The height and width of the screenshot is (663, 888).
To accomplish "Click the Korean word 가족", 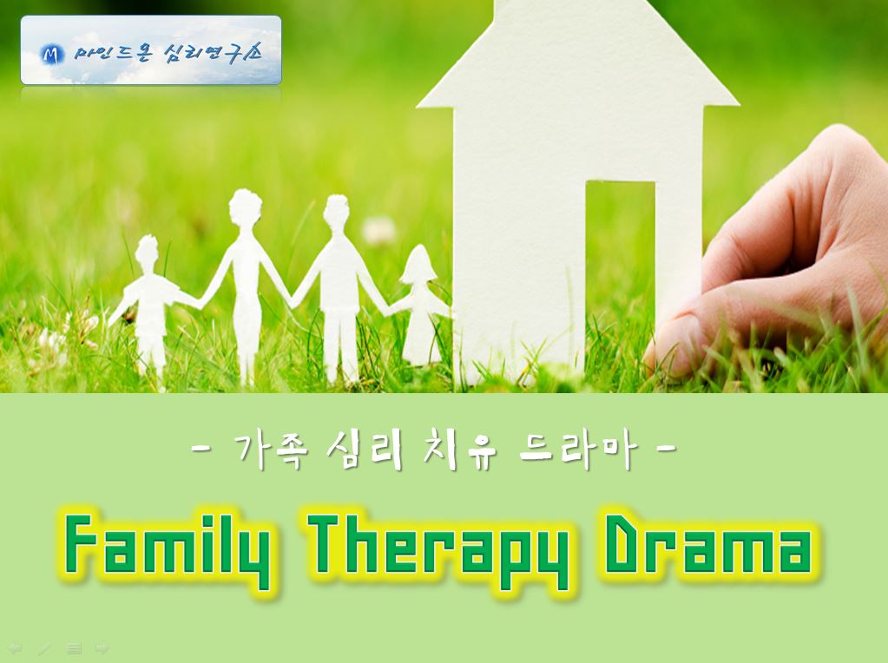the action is [271, 451].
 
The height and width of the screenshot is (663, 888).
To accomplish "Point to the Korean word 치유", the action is [459, 451].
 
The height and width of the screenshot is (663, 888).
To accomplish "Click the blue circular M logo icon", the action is [52, 55].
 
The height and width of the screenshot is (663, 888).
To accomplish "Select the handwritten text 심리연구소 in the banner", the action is [213, 54].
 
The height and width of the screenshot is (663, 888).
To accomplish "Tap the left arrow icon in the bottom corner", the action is [15, 647].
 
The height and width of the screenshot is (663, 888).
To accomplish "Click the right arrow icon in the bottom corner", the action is [102, 647].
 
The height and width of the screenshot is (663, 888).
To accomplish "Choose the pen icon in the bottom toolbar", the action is [44, 647].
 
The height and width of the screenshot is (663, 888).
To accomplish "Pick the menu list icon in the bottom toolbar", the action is [74, 647].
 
